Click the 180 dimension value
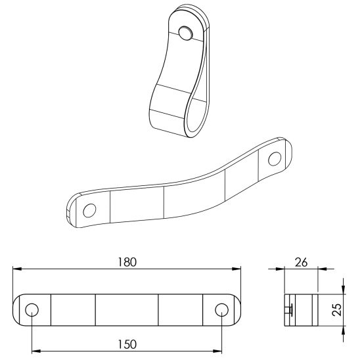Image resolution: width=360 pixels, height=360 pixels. [x=127, y=261]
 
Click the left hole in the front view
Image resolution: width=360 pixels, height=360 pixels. [x=32, y=310]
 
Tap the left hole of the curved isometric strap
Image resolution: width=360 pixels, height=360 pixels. [x=89, y=210]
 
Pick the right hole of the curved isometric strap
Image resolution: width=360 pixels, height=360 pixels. [x=274, y=158]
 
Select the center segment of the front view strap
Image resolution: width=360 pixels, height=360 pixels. [x=127, y=310]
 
